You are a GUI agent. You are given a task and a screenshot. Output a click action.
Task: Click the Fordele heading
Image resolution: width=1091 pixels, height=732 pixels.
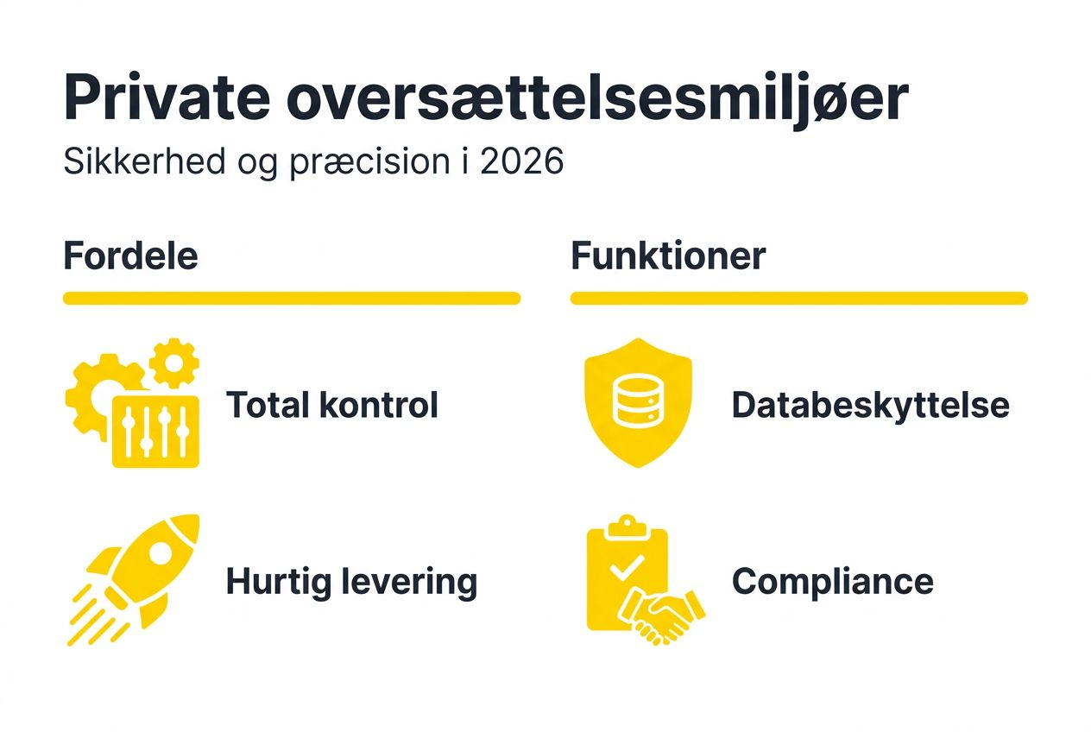coord(130,256)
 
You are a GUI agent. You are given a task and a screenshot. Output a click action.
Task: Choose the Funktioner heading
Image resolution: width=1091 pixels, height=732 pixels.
coord(668,256)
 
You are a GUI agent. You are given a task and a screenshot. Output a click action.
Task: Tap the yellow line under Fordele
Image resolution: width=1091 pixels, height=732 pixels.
coord(292,299)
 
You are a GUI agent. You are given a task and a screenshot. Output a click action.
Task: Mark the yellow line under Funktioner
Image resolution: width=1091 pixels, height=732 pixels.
coord(798,299)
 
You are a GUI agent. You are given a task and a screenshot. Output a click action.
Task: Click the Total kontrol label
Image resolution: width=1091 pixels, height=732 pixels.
coord(332,405)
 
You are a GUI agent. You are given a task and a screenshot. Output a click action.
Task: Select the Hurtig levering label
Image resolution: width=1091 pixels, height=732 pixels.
coord(351,582)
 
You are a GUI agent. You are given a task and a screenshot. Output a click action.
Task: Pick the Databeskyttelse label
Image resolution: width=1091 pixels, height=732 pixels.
coord(870,405)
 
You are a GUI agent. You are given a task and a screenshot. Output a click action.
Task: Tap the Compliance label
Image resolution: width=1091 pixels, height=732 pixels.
coord(832,582)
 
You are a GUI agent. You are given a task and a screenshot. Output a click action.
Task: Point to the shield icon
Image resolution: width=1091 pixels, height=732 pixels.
coord(637,402)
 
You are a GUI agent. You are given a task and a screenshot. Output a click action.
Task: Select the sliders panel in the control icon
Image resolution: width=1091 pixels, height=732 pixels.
coord(156,432)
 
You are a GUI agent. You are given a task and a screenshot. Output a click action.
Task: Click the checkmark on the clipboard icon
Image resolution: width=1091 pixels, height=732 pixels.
coord(627,566)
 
